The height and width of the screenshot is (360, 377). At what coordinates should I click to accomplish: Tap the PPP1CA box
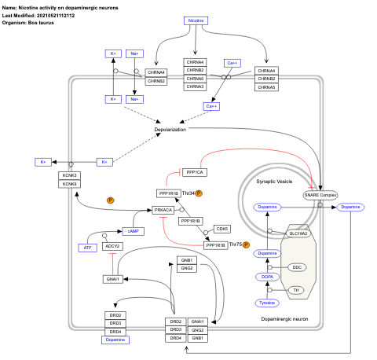click(x=194, y=172)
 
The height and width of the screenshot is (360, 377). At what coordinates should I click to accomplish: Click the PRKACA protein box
click(x=163, y=211)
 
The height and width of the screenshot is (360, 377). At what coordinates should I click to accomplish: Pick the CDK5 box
click(x=221, y=229)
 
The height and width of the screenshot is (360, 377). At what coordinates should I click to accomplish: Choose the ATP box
click(x=88, y=248)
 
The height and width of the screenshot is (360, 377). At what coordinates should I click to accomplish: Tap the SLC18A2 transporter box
click(x=298, y=233)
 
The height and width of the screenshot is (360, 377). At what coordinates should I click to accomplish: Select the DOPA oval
click(x=267, y=277)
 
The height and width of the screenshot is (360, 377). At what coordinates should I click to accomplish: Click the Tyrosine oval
click(x=267, y=303)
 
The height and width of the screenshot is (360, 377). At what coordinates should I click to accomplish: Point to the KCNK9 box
click(x=70, y=184)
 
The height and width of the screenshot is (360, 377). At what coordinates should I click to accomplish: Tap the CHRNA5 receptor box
click(x=270, y=87)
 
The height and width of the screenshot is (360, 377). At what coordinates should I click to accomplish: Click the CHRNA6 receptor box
click(x=194, y=79)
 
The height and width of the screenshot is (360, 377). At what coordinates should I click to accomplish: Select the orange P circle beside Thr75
click(x=247, y=245)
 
